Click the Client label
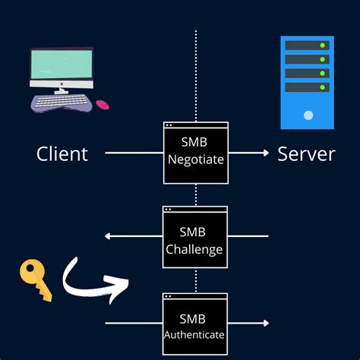click(x=62, y=154)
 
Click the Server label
click(x=306, y=154)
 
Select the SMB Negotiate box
click(x=195, y=152)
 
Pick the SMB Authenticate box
click(x=195, y=324)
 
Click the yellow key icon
click(x=36, y=279)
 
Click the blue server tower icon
click(x=307, y=82)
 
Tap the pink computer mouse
click(x=102, y=104)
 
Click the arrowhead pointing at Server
click(x=265, y=153)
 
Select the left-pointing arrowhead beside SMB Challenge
click(x=108, y=236)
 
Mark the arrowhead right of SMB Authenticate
click(x=265, y=324)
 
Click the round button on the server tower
click(x=308, y=115)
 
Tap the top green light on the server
click(x=322, y=46)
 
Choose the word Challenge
click(x=195, y=248)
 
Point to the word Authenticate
click(x=195, y=334)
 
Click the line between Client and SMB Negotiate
click(x=134, y=153)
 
